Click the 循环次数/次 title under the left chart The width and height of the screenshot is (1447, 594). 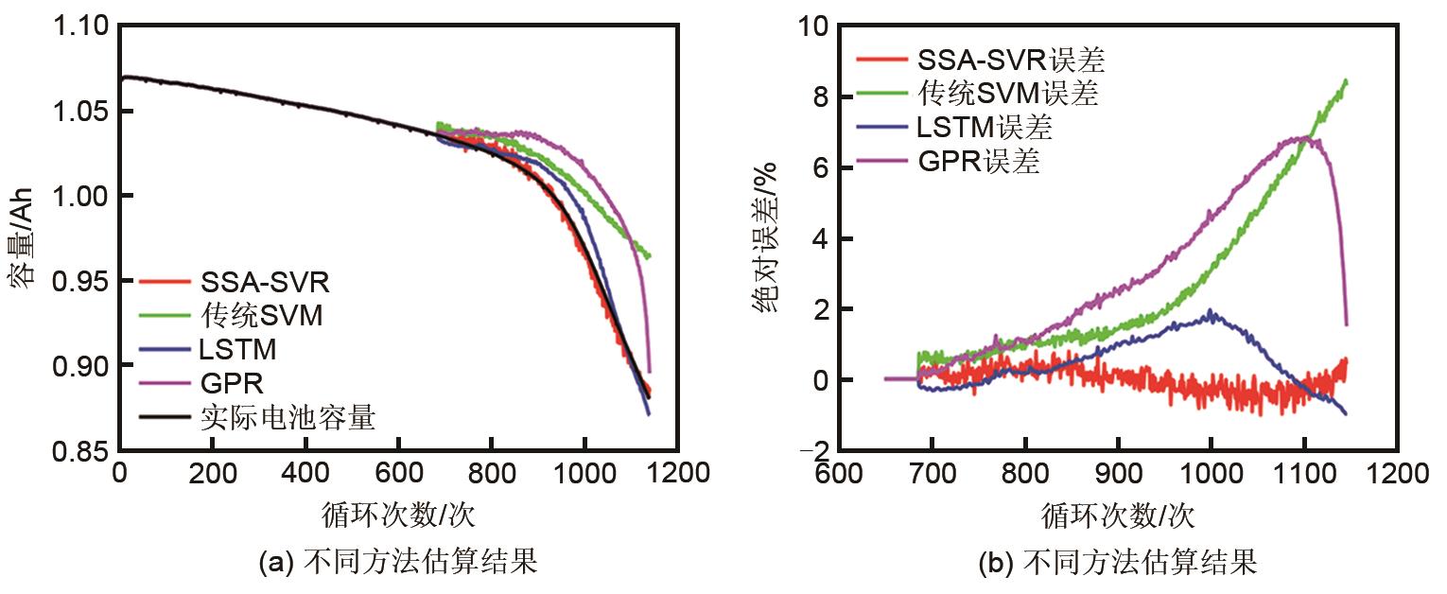[398, 515]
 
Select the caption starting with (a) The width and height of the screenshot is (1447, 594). [398, 565]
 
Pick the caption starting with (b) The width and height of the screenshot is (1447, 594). [1117, 565]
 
